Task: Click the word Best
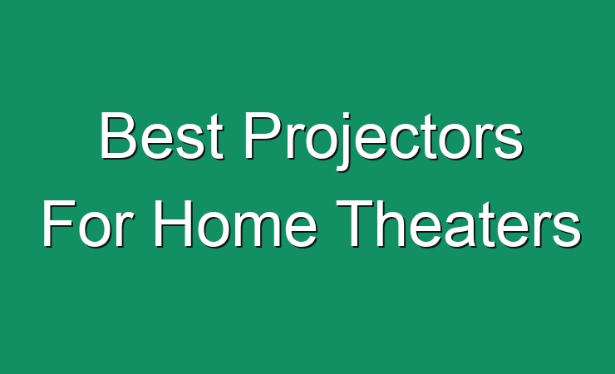pos(162,135)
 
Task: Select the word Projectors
pos(384,141)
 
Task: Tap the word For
pos(85,223)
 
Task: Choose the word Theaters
pos(459,223)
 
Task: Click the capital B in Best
pos(119,135)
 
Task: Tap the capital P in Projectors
pos(264,135)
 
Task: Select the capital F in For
pos(59,224)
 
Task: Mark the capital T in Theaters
pos(355,224)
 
